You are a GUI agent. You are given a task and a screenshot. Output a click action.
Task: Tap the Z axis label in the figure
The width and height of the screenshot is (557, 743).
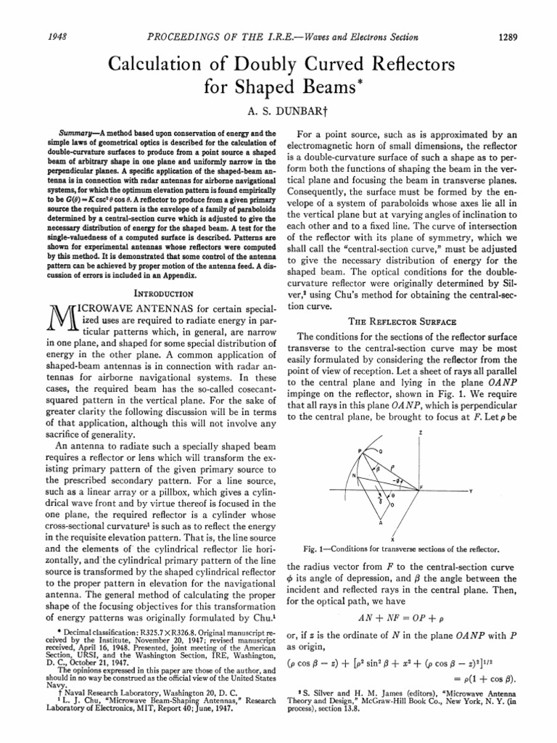(421, 432)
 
